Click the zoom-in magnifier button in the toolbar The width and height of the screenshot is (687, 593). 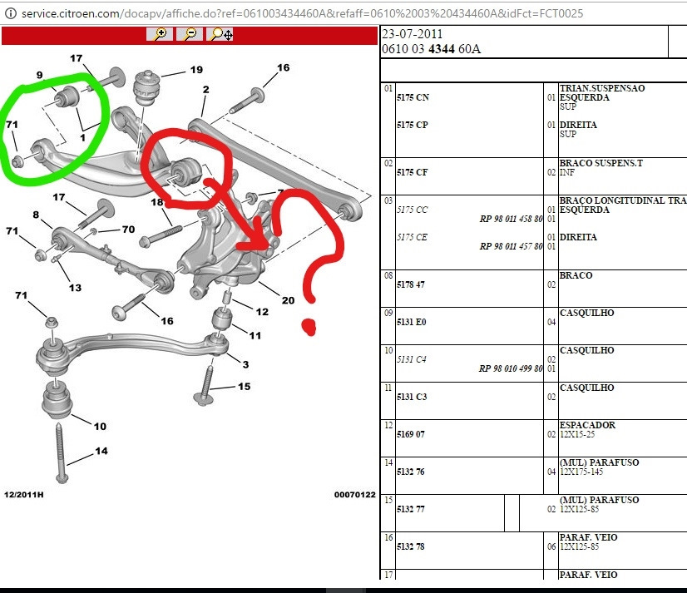click(160, 34)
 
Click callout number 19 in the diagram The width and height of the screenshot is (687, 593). click(196, 70)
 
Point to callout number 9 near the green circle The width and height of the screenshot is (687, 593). click(39, 76)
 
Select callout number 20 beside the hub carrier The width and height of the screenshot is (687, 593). click(288, 300)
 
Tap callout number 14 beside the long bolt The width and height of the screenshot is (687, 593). click(101, 452)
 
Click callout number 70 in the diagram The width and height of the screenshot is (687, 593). click(128, 229)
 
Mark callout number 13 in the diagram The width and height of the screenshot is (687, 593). click(75, 288)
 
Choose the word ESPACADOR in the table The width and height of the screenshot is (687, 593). click(587, 425)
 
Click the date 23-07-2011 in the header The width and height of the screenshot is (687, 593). click(412, 34)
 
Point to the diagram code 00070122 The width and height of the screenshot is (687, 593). click(355, 494)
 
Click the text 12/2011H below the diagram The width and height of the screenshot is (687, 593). click(23, 494)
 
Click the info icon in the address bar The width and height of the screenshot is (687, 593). click(10, 12)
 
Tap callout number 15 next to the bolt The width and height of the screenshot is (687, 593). click(244, 387)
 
